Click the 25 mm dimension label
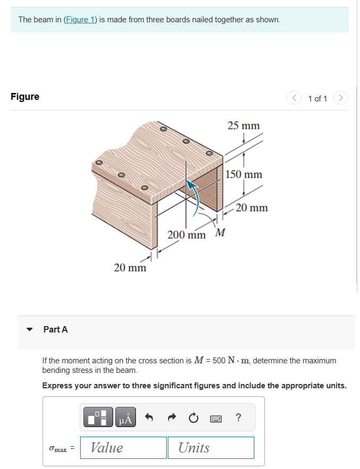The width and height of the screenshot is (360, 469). click(243, 126)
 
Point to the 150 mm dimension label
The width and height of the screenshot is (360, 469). click(244, 174)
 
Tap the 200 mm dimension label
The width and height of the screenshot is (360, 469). click(186, 235)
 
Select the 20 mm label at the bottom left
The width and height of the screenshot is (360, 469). click(130, 268)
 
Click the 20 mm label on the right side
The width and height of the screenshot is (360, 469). click(252, 208)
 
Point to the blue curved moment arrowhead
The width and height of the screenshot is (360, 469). click(191, 184)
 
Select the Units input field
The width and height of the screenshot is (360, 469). click(210, 448)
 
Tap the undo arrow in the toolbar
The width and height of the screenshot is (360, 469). click(150, 418)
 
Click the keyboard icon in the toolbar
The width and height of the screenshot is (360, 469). click(216, 419)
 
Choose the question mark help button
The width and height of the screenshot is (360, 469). click(238, 418)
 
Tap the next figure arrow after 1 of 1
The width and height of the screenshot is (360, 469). click(341, 98)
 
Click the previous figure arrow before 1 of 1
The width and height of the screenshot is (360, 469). click(294, 98)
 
